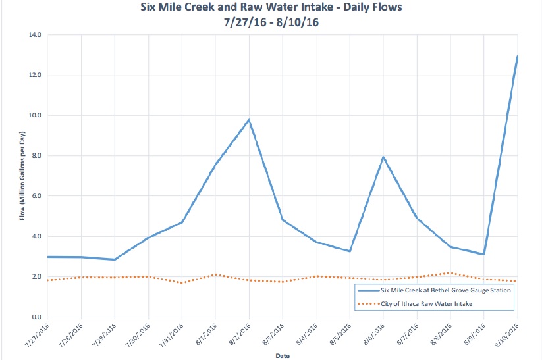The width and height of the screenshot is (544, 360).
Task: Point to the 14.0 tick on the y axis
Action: pos(34,34)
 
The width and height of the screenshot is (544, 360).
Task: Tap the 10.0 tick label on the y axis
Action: pos(34,115)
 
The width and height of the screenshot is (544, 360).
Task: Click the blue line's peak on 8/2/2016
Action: pos(249,120)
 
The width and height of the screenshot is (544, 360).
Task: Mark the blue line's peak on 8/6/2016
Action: pos(383,157)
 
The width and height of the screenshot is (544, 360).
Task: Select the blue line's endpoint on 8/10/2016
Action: pos(517,56)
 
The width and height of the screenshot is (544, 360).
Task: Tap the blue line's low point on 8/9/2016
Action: pos(483,254)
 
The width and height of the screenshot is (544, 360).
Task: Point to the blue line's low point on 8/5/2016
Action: pos(350,251)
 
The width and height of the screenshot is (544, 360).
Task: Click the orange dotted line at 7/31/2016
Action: pos(182,283)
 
